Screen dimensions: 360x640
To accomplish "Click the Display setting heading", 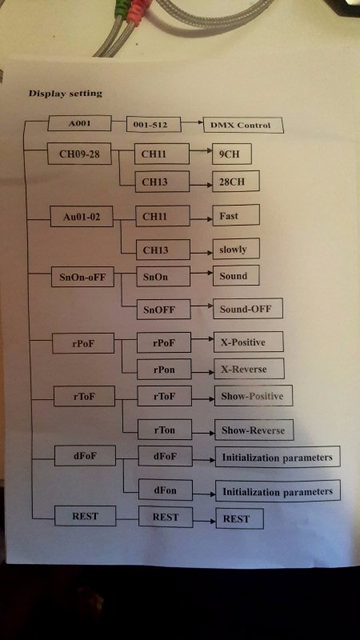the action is click(x=66, y=94).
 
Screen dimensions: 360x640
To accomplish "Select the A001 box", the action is click(x=79, y=123).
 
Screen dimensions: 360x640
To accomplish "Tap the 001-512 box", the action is click(x=154, y=125).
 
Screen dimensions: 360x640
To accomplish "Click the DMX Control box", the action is click(x=243, y=126).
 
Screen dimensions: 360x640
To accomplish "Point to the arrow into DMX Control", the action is click(x=192, y=122).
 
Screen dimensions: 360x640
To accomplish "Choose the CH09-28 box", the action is click(x=79, y=154).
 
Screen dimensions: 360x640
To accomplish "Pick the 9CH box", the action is click(x=231, y=154).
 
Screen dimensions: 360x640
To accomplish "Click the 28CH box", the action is click(x=235, y=182).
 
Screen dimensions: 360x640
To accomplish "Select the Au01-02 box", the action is click(x=82, y=216).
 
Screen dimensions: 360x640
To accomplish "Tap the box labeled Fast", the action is click(x=236, y=215).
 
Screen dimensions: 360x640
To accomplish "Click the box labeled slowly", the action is click(x=236, y=249).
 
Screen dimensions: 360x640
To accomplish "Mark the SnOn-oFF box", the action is click(x=82, y=277).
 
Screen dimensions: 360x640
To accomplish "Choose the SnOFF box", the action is click(x=164, y=309).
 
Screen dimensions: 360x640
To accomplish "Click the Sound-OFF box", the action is click(x=248, y=308).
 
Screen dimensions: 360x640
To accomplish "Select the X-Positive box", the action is click(x=249, y=342).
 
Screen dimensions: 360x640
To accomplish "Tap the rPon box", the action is click(x=164, y=369).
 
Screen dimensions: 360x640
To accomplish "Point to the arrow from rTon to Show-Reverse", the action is click(x=204, y=432).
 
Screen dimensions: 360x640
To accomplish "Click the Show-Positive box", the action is click(x=254, y=395).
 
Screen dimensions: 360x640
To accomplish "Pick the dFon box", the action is click(x=166, y=490).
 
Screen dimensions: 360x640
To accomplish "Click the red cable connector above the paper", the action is click(x=137, y=10).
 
